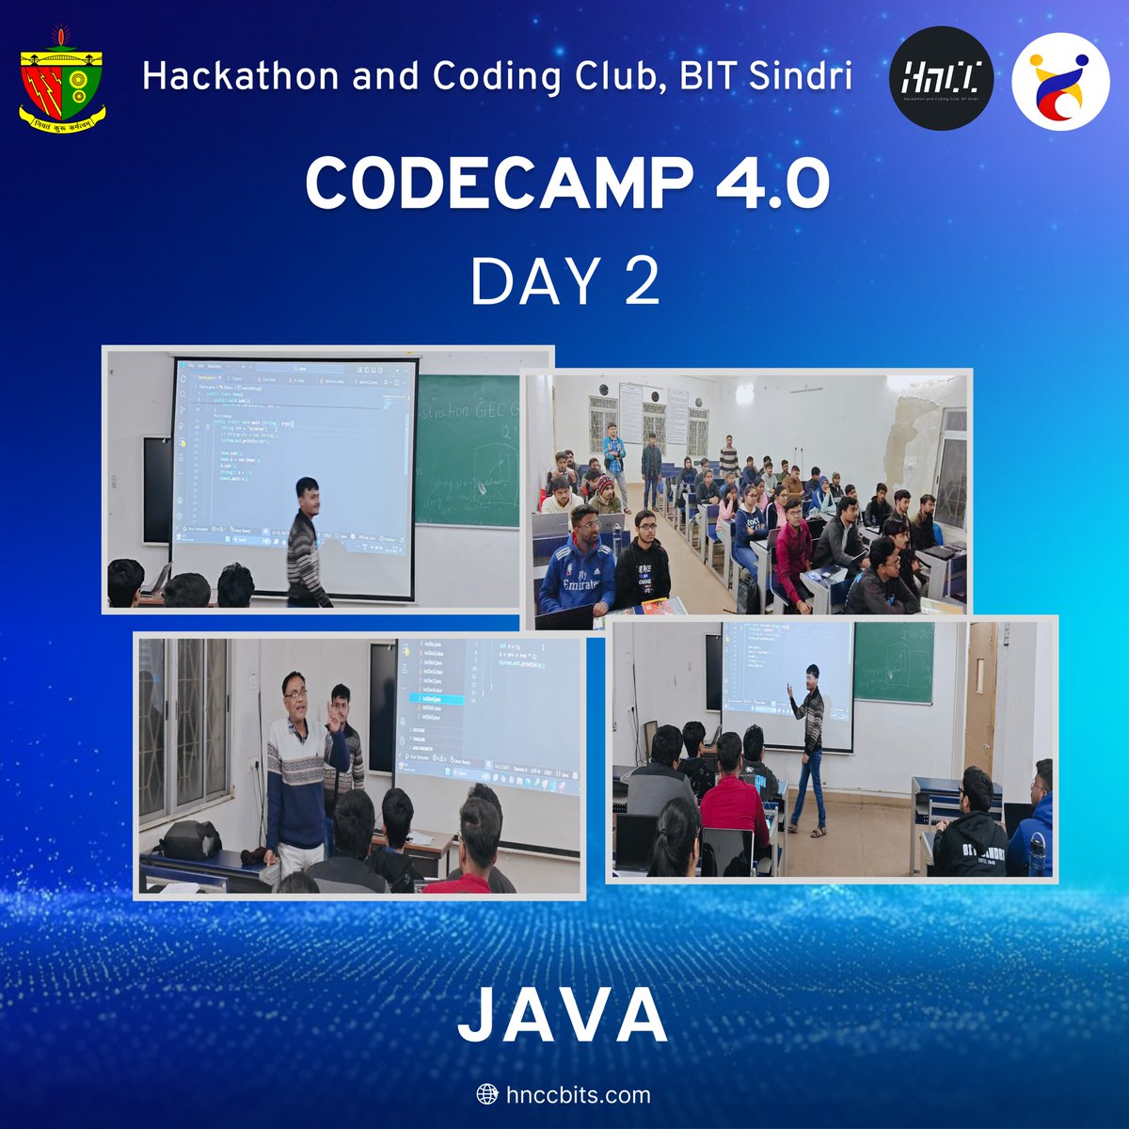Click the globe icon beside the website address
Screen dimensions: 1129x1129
(x=487, y=1095)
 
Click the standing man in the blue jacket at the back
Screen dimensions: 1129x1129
(x=614, y=456)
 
